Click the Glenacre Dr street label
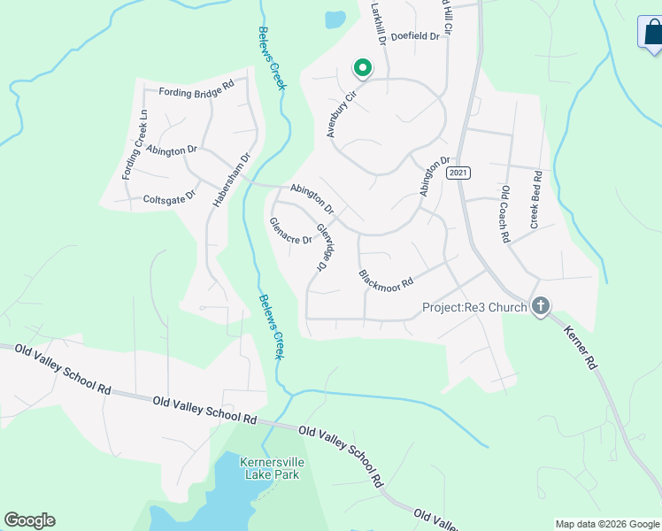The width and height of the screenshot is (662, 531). coord(290,231)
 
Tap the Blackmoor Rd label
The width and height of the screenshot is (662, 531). coord(386,278)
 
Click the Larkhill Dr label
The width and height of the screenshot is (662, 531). coord(377,22)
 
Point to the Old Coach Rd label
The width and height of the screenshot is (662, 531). coord(505,213)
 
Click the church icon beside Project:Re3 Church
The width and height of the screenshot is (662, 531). coord(540,307)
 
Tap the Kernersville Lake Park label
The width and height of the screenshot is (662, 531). coord(270,467)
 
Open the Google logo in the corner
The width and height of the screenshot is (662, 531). coord(29,520)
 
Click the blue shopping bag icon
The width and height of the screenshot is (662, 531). coord(651,33)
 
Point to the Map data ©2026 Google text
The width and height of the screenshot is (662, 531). coord(607,524)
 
